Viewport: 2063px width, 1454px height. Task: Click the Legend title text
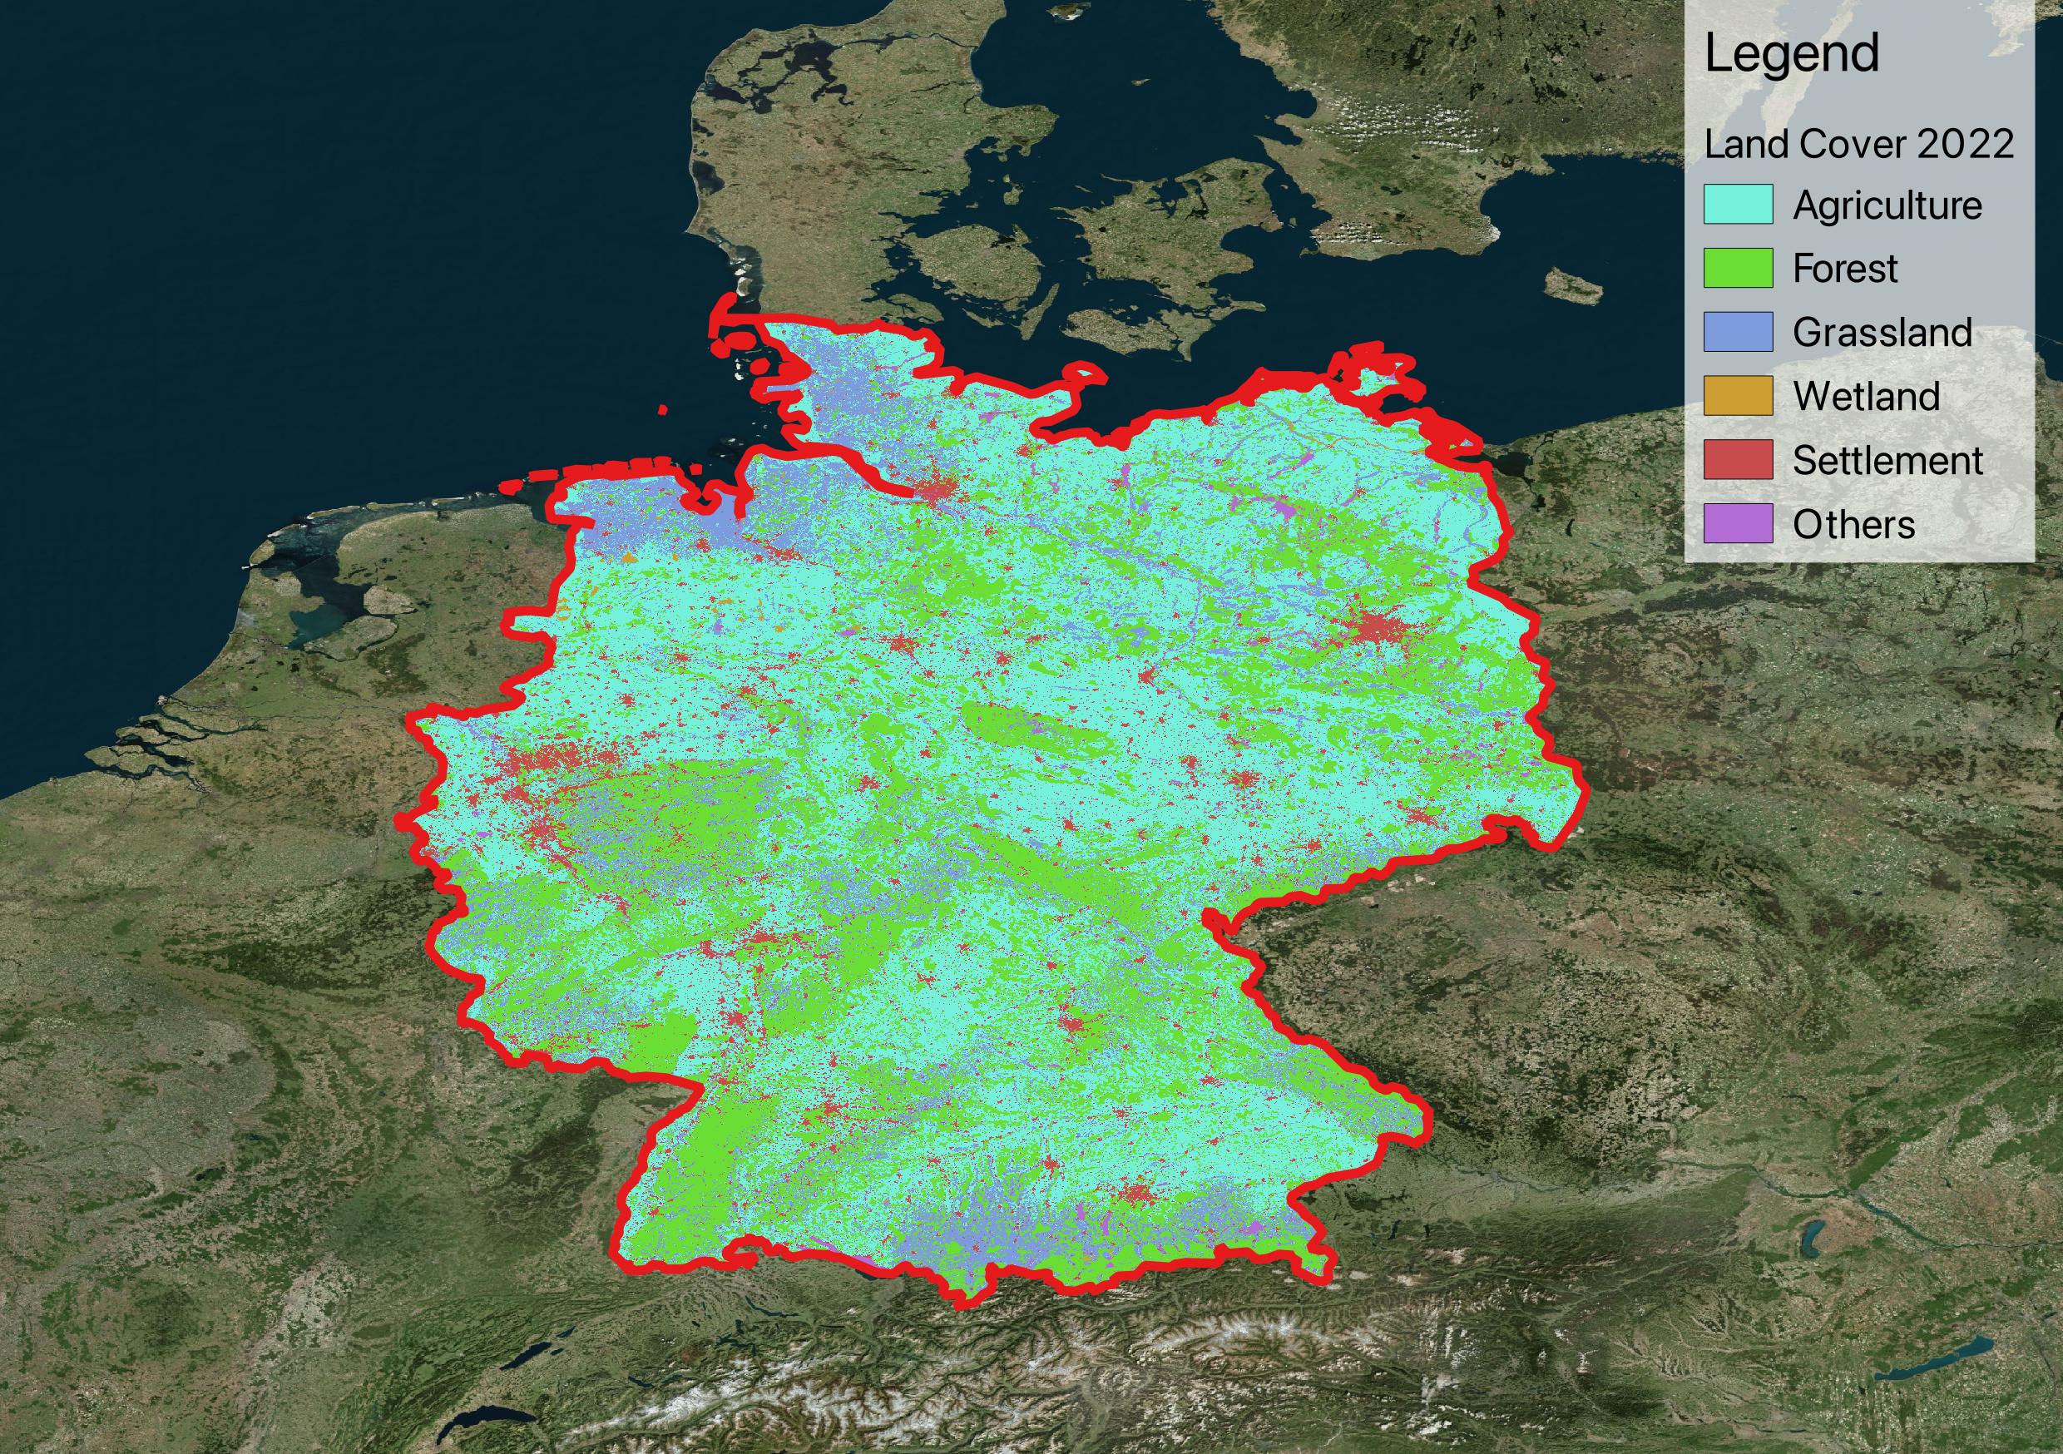1791,54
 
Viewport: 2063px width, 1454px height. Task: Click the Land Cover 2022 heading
1858,144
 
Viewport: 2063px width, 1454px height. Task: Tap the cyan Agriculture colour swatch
1738,204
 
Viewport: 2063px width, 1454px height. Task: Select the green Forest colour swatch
1738,268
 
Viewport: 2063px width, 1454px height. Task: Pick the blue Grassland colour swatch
1738,332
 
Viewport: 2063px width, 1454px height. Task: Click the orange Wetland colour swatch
1738,395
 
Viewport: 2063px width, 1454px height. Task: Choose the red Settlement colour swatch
1738,459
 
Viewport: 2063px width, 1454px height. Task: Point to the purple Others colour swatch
1738,523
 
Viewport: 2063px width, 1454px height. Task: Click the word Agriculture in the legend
1887,205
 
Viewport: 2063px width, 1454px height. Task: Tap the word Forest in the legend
1845,269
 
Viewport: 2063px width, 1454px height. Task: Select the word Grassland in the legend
1882,333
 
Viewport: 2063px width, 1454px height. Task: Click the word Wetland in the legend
1866,396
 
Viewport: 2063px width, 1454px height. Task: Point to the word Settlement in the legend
1887,460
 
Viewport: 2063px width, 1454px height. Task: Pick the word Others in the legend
1853,524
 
